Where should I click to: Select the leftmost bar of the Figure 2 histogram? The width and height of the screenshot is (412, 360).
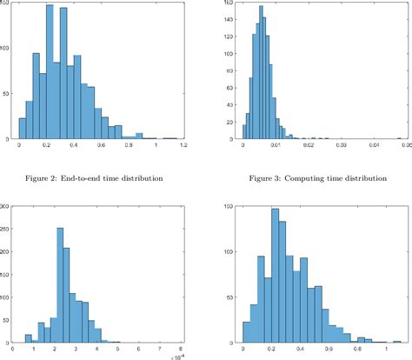[x=23, y=128]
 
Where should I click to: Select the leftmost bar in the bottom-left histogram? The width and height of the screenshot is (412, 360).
[x=29, y=339]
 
